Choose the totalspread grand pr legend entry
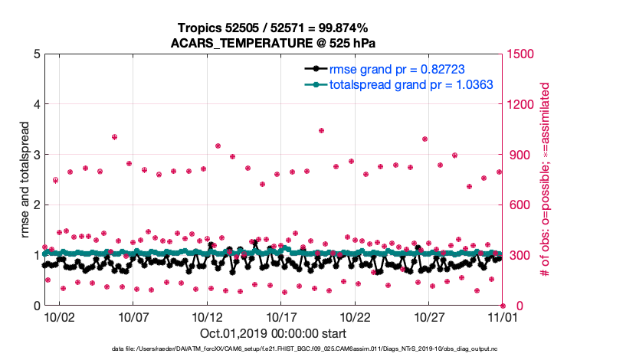tap(410, 84)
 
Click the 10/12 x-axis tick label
tap(207, 316)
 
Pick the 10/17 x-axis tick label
tap(281, 316)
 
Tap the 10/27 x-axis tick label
tap(430, 316)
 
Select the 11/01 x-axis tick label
tap(503, 316)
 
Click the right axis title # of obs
tap(546, 179)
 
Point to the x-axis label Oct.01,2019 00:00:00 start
tap(272, 334)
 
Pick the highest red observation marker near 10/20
tap(321, 131)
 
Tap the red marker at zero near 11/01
tap(502, 305)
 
